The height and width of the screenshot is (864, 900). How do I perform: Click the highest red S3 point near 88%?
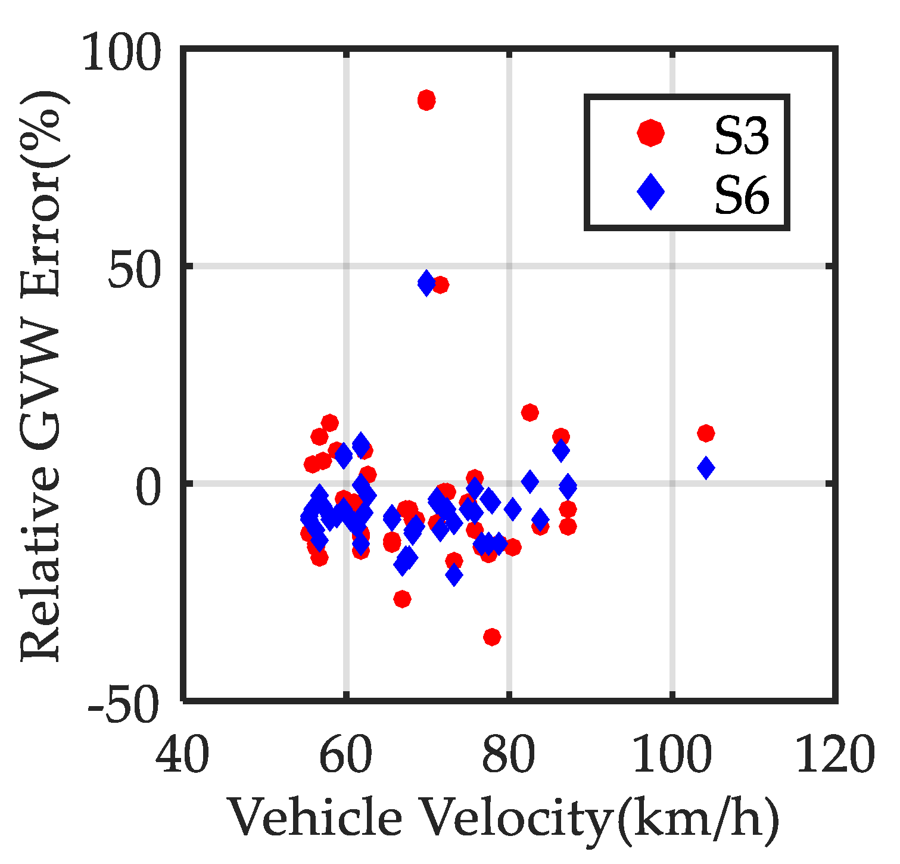(426, 100)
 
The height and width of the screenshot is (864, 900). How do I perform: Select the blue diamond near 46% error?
(426, 282)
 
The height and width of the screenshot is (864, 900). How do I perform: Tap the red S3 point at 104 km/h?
(706, 433)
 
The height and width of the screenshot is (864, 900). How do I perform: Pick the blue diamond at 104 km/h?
(706, 468)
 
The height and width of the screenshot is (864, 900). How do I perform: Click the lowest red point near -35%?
(492, 637)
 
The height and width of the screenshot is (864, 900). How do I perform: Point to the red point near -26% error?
(403, 598)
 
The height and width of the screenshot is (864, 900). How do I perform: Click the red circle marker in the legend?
(650, 132)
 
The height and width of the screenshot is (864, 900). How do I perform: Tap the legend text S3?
(742, 136)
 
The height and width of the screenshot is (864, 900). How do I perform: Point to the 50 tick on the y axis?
(135, 271)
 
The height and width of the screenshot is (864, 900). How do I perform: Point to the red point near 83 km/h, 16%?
(530, 412)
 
